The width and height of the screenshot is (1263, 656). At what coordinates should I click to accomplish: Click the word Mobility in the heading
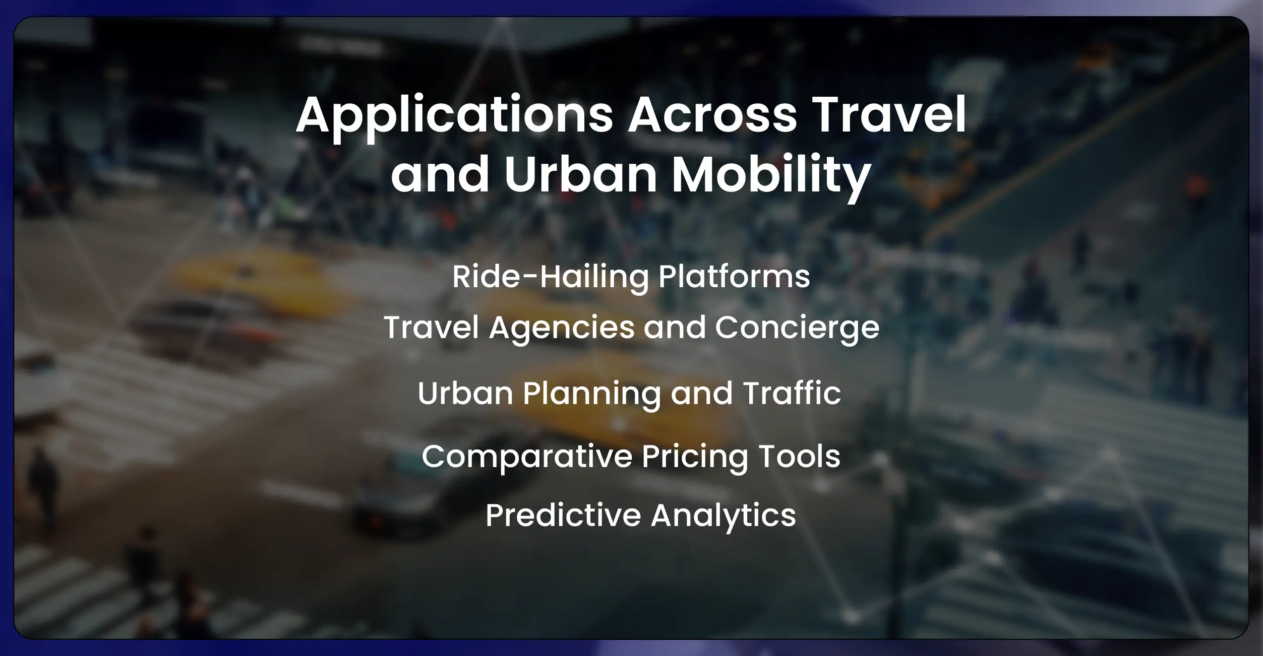(x=771, y=174)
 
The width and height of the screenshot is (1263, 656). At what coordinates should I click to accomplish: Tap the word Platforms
(x=734, y=277)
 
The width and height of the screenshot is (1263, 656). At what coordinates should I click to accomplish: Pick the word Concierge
(x=797, y=327)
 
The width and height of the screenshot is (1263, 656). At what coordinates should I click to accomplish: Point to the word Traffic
(x=792, y=393)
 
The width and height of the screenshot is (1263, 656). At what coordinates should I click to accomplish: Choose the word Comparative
(x=526, y=456)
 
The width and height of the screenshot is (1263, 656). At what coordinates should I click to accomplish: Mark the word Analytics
(x=723, y=515)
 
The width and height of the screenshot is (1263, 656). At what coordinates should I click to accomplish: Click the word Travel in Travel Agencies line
(x=431, y=327)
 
